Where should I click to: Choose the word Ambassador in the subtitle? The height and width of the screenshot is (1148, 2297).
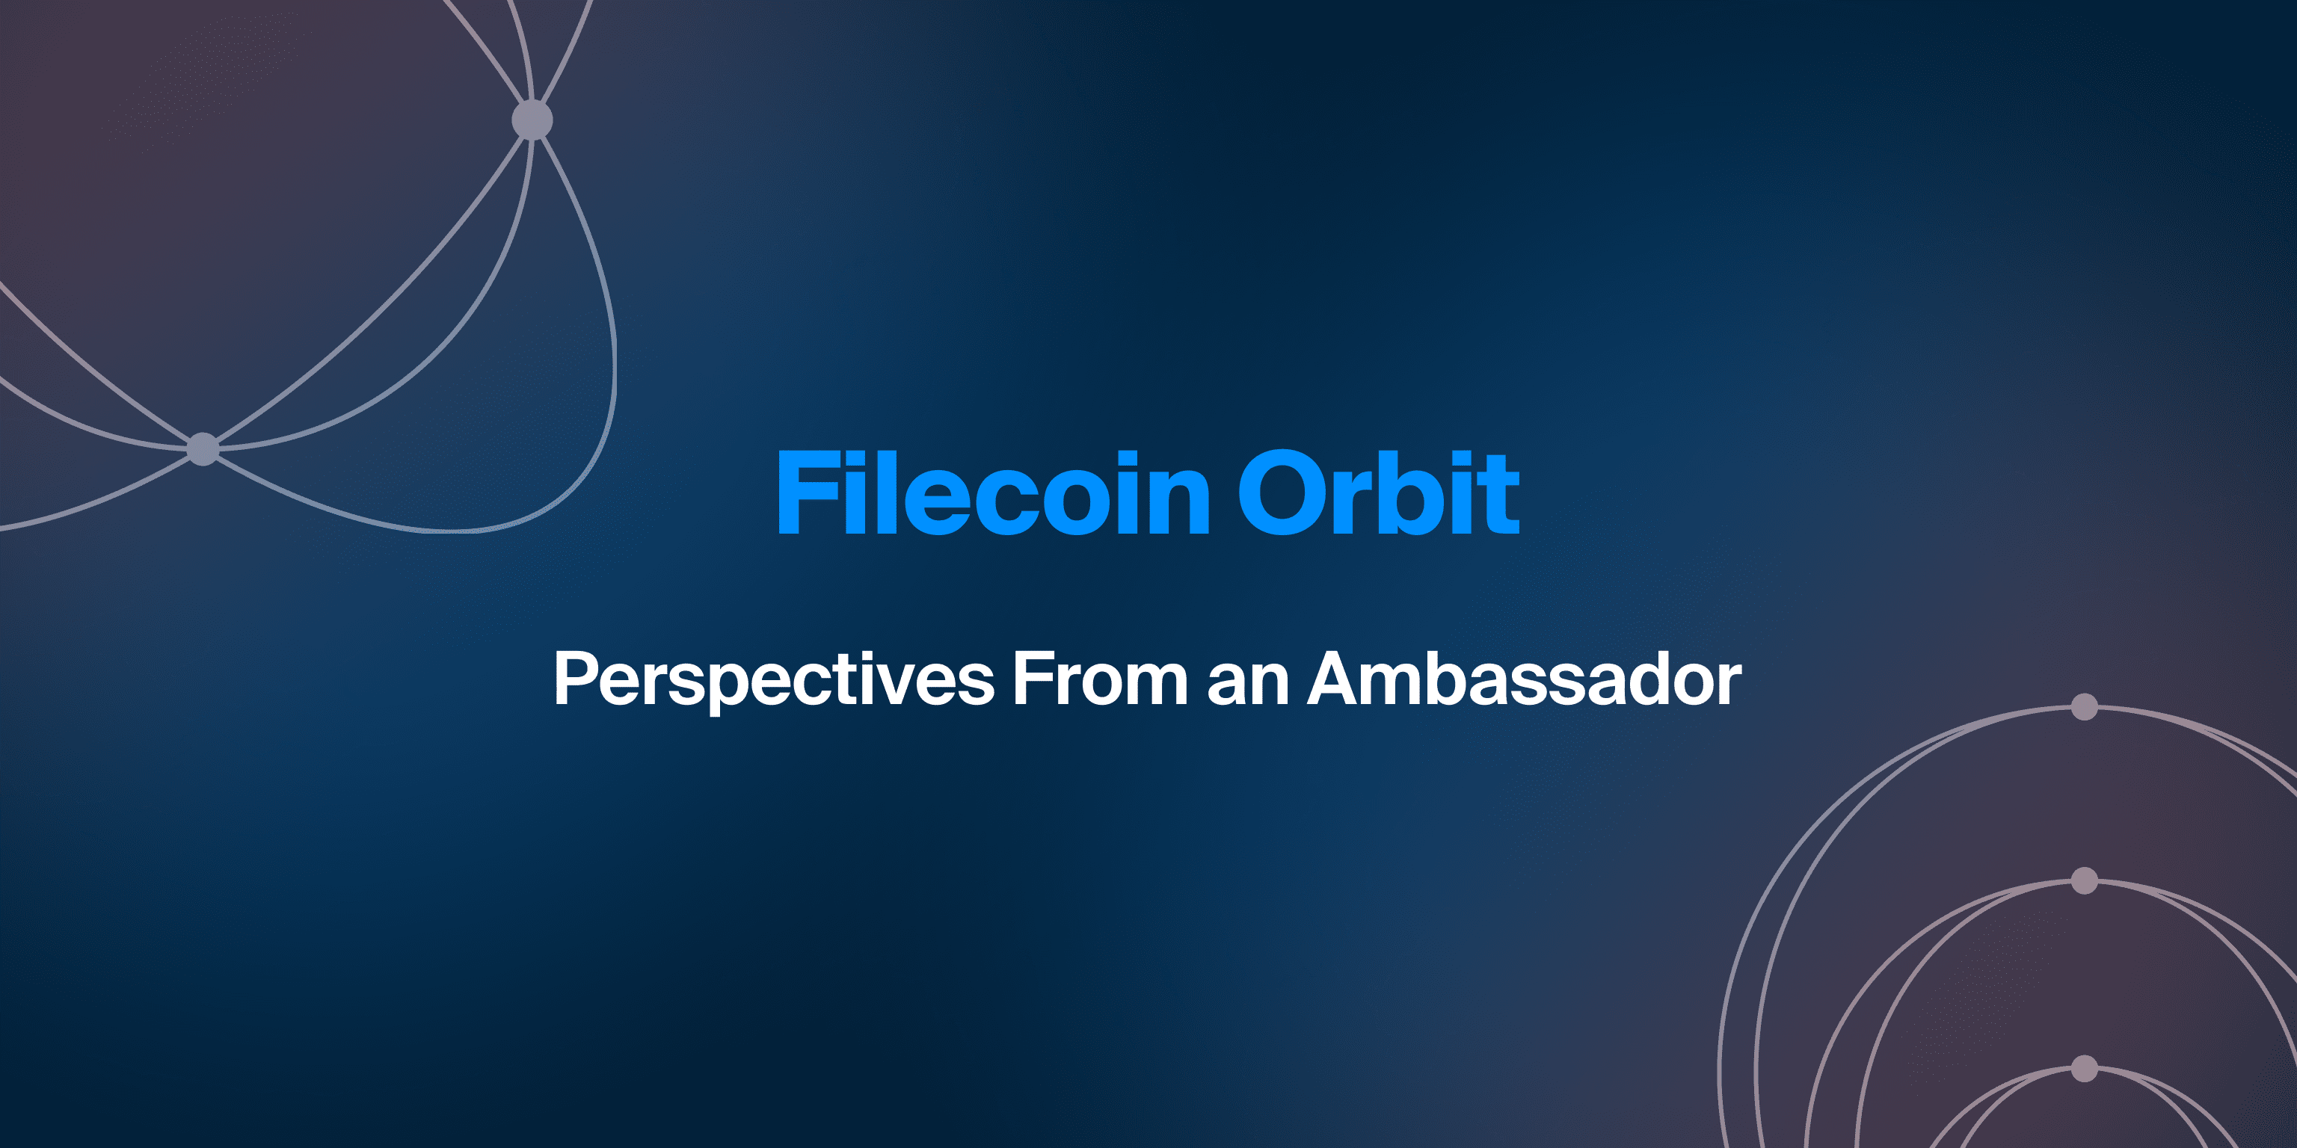pos(1525,679)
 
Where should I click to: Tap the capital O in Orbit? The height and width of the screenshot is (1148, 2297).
pos(1279,493)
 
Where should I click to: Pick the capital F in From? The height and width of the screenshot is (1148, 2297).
pos(1034,679)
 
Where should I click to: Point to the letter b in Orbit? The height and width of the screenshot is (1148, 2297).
pos(1409,493)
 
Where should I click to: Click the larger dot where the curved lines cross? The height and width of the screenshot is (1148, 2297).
pos(532,120)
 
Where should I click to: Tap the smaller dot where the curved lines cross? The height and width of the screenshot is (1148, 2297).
pos(203,448)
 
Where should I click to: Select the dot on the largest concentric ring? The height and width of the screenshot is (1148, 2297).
pos(2084,707)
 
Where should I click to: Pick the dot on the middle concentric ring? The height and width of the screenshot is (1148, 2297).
pos(2084,880)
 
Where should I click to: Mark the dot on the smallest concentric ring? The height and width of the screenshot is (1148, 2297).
pos(2084,1068)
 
